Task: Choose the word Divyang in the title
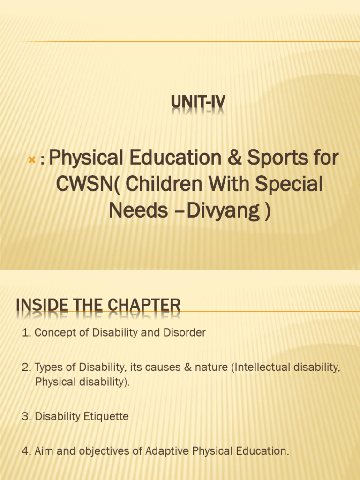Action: click(x=223, y=211)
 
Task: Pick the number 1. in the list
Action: click(x=26, y=333)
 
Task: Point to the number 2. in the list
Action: click(x=26, y=367)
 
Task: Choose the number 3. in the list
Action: click(x=26, y=416)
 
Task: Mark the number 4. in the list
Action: click(x=26, y=451)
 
